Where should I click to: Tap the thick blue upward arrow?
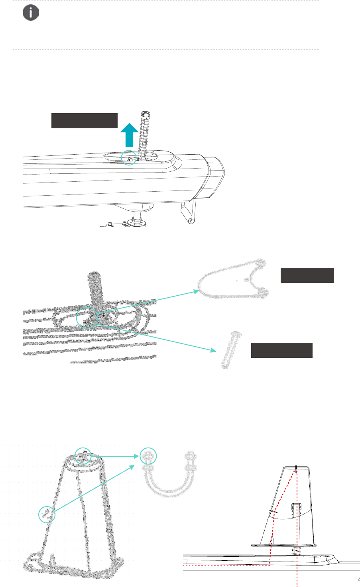click(x=129, y=135)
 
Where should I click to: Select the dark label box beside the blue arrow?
click(x=85, y=121)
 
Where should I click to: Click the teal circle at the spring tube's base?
click(x=128, y=158)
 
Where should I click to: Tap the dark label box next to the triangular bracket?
click(x=307, y=275)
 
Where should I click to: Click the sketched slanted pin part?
click(x=231, y=350)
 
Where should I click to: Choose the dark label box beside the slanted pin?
click(x=281, y=350)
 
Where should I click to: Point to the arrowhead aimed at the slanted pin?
click(x=213, y=351)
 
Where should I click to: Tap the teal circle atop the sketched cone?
click(x=83, y=456)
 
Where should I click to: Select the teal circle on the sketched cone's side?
click(x=47, y=514)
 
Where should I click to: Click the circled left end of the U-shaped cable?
click(x=148, y=456)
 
